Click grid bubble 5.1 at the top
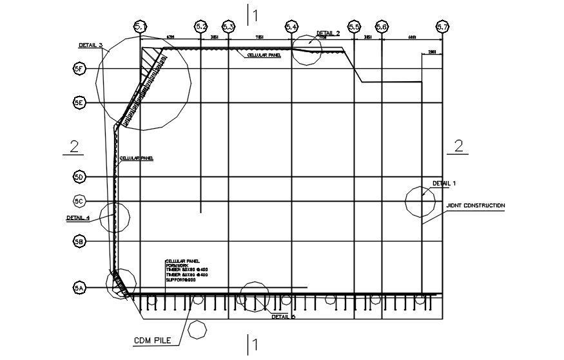pyautogui.click(x=141, y=26)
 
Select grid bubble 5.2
pyautogui.click(x=201, y=26)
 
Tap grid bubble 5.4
pyautogui.click(x=291, y=26)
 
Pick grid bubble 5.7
pyautogui.click(x=442, y=26)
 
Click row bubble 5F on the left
pyautogui.click(x=79, y=68)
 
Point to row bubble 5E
pyautogui.click(x=79, y=102)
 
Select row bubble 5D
pyautogui.click(x=79, y=176)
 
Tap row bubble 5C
pyautogui.click(x=79, y=202)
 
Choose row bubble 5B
pyautogui.click(x=79, y=242)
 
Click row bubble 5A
pyautogui.click(x=79, y=289)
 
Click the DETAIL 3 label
pyautogui.click(x=90, y=45)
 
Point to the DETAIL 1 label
pyautogui.click(x=444, y=184)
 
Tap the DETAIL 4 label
pyautogui.click(x=78, y=218)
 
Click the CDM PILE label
pyautogui.click(x=152, y=339)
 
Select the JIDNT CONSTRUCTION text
pyautogui.click(x=476, y=206)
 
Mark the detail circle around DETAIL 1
pyautogui.click(x=420, y=202)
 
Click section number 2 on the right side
pyautogui.click(x=459, y=146)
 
